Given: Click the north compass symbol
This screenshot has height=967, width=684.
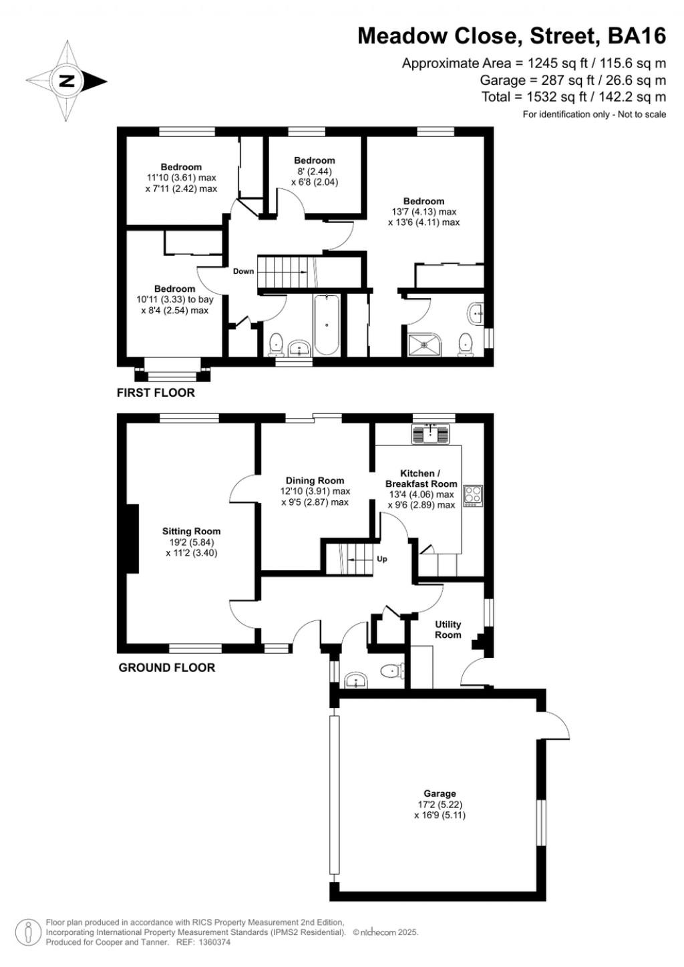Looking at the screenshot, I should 67,81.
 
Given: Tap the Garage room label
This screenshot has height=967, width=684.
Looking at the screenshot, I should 440,794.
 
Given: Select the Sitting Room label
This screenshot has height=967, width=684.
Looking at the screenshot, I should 191,532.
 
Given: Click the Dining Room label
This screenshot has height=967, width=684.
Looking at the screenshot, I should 315,481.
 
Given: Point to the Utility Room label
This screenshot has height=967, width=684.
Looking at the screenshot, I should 448,630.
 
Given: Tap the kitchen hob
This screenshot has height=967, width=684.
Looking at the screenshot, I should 473,494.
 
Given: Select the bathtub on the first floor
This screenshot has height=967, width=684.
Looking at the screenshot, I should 327,325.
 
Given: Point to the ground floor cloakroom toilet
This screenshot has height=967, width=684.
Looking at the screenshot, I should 390,670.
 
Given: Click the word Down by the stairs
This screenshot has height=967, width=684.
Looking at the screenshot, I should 243,271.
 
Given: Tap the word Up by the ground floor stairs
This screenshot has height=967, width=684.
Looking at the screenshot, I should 382,559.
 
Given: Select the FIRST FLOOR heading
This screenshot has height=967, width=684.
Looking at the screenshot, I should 156,393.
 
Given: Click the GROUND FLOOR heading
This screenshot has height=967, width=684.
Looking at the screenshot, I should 166,667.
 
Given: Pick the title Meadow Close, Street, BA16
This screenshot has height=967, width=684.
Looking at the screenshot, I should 512,35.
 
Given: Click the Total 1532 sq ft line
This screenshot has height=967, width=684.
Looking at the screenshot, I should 574,98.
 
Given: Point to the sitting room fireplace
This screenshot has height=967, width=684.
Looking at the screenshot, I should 132,538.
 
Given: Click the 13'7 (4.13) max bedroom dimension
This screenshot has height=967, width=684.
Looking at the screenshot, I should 424,212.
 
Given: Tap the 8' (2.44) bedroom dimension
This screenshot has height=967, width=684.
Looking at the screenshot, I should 315,171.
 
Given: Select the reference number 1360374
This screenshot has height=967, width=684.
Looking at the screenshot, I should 212,942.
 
